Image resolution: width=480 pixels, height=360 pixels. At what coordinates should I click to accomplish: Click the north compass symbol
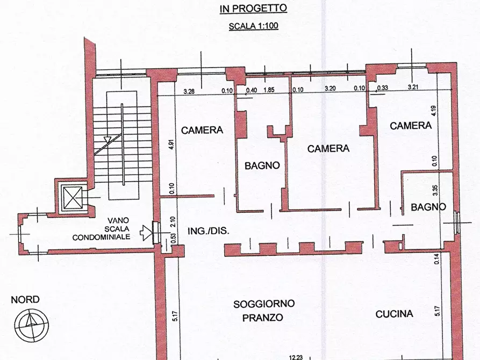pos(31,325)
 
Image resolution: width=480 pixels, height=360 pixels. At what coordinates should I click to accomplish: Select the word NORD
pos(25,299)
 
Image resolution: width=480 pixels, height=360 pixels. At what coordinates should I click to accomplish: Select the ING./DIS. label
pos(208,231)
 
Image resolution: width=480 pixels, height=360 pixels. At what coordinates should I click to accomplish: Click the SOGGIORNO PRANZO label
pos(264,311)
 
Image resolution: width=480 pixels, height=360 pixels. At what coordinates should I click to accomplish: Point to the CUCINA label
pos(394,314)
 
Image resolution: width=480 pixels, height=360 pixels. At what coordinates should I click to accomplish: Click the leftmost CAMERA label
pos(202,130)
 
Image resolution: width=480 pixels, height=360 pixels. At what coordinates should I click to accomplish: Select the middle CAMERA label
pos(328,148)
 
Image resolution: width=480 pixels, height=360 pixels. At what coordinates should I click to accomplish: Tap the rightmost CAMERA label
pos(411,126)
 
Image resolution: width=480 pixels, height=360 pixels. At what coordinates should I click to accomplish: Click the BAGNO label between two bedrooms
pos(262,165)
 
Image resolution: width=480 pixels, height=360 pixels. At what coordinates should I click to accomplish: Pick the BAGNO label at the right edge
pos(428,207)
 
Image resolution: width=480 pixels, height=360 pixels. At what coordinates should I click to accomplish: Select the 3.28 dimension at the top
pos(189,91)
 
